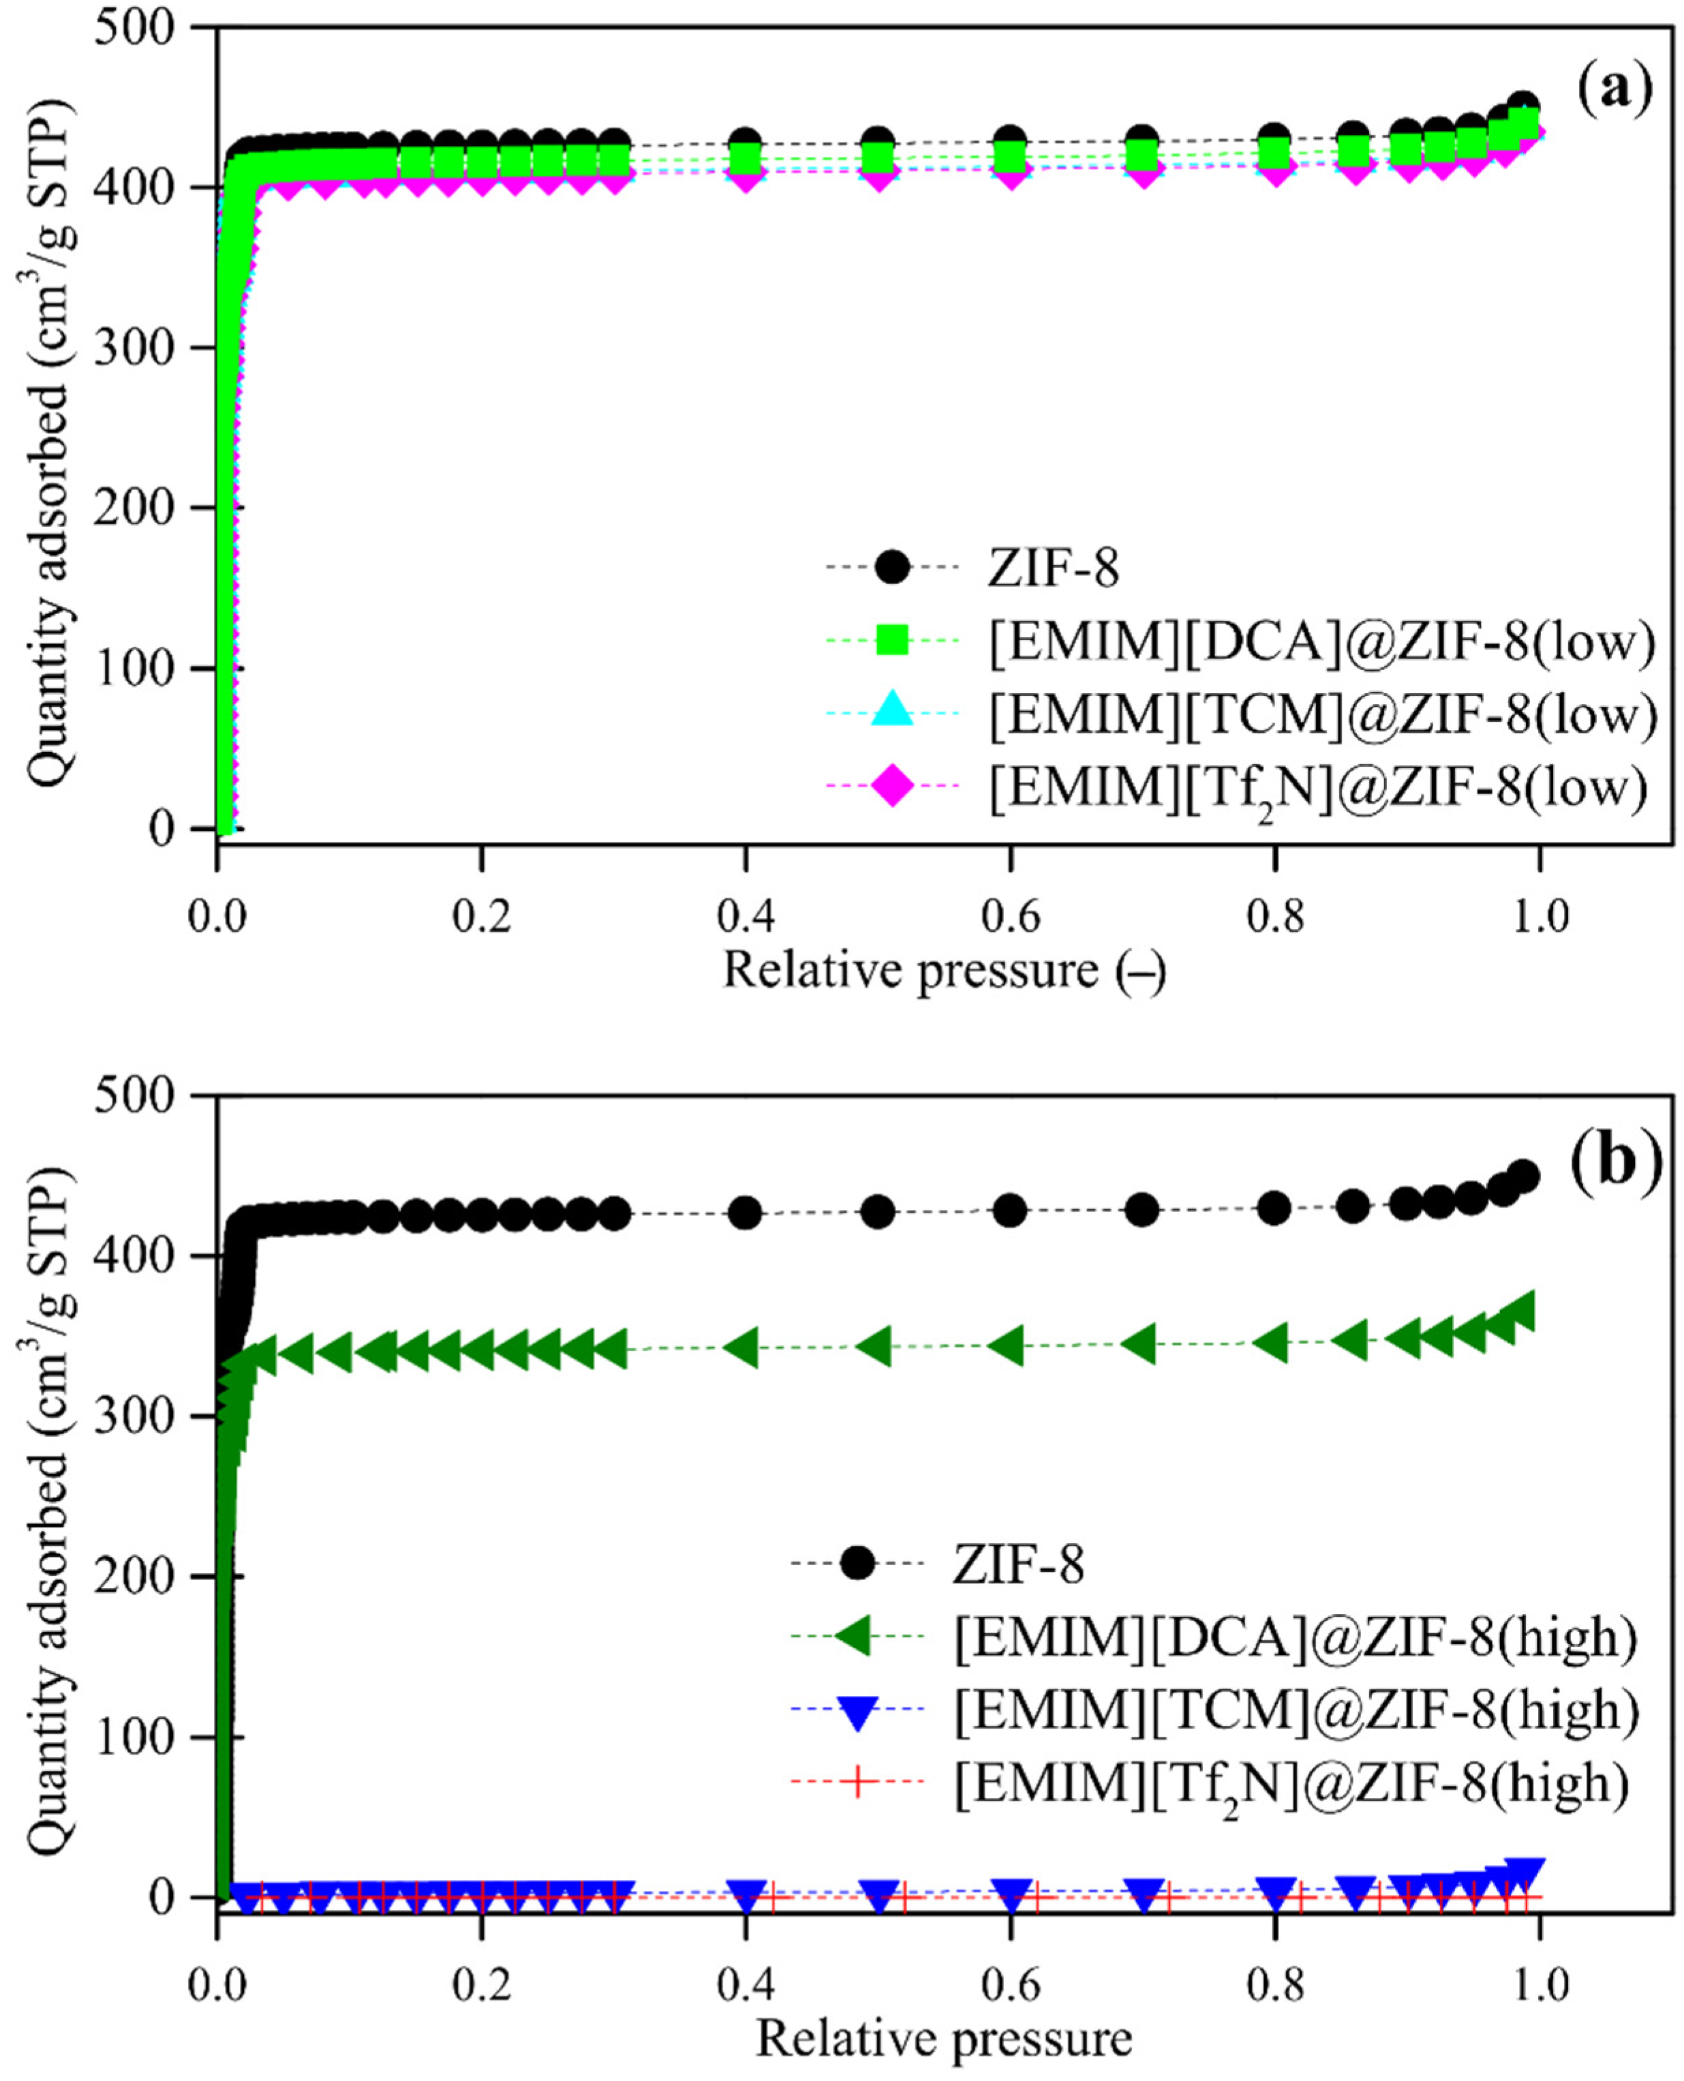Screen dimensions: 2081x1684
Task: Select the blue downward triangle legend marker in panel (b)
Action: point(857,1712)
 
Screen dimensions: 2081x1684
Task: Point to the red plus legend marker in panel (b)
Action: point(857,1783)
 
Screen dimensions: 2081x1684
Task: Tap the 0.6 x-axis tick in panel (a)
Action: point(1010,916)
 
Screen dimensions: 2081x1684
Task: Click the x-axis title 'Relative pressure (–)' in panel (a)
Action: point(944,971)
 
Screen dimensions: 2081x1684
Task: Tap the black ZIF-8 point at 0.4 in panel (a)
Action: point(745,142)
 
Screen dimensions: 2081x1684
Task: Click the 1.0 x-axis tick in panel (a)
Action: point(1540,916)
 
